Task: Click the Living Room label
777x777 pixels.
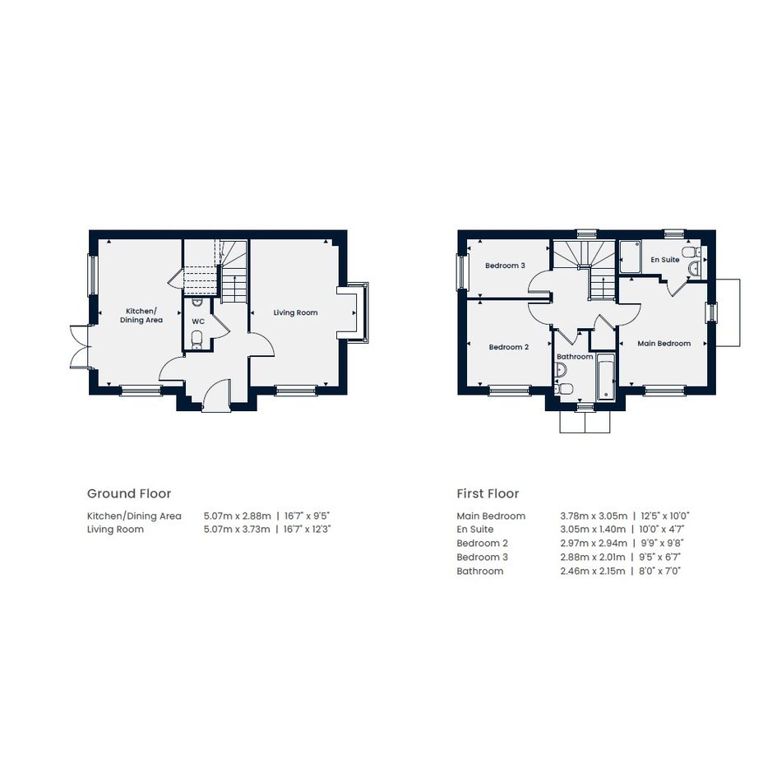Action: pos(295,312)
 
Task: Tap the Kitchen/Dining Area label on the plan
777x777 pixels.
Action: pos(141,316)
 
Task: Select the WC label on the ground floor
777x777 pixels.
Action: pos(198,321)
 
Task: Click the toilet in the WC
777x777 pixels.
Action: pos(197,339)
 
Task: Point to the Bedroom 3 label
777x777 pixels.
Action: pos(505,266)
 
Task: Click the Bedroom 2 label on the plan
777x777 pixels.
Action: pos(508,347)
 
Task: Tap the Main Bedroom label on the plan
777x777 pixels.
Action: pos(664,344)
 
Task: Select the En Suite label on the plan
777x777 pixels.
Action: pos(665,260)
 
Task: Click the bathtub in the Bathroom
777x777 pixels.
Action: pos(605,377)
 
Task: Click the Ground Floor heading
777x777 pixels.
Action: pos(129,493)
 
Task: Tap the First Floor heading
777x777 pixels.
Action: pos(488,493)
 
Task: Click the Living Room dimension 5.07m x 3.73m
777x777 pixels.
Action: pos(237,530)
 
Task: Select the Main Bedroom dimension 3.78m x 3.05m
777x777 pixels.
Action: pos(594,516)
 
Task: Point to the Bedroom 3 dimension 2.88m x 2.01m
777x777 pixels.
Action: pos(593,557)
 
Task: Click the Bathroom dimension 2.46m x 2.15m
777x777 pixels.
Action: pos(593,571)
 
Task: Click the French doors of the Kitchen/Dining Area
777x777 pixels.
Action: pos(79,347)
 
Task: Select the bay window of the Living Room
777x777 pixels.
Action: pos(364,312)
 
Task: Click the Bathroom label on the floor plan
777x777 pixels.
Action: pos(575,357)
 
